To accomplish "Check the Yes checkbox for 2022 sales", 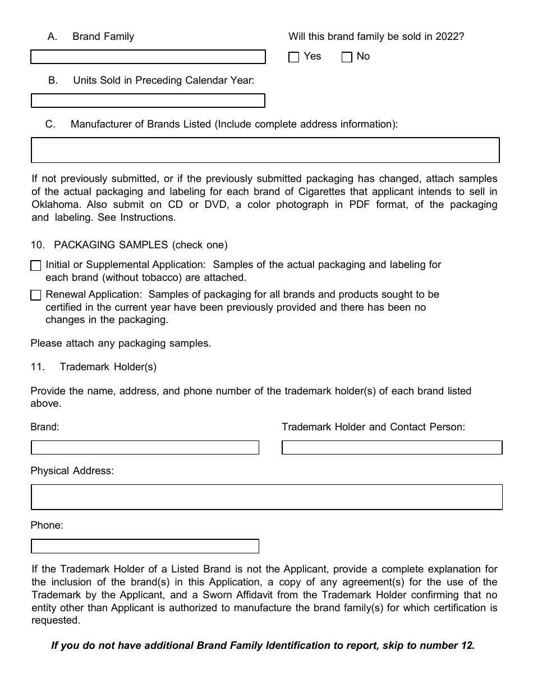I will pos(293,57).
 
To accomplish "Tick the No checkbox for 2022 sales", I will pos(347,57).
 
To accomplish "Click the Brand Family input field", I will pos(148,57).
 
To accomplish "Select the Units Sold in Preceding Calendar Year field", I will pos(148,101).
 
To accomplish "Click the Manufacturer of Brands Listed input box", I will pos(265,150).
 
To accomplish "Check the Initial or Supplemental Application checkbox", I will pos(36,265).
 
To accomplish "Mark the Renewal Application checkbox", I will pos(36,295).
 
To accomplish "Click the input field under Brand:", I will pos(145,447).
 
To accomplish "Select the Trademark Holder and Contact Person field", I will pos(392,447).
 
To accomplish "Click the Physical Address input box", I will pos(266,497).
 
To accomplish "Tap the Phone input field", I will pos(145,546).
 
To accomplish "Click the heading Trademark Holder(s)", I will pos(108,367).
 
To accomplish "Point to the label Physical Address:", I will pos(72,471).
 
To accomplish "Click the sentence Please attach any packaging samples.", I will pos(121,343).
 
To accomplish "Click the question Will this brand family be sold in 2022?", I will pos(376,37).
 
